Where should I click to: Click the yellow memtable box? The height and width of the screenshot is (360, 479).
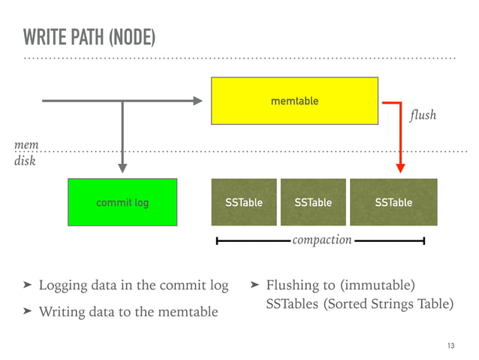point(294,101)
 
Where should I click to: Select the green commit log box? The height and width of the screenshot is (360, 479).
point(122,202)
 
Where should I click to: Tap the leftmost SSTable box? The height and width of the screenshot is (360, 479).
point(244,202)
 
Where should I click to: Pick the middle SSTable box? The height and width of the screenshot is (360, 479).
point(313,202)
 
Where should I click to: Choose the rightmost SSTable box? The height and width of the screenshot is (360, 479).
point(393,202)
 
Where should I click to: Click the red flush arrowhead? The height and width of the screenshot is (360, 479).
point(401,167)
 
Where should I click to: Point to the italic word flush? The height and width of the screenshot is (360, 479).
point(423,116)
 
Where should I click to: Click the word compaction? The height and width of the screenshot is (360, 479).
point(321,240)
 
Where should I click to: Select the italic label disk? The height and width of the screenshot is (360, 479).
point(26,159)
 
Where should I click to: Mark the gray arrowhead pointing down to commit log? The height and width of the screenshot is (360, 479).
point(122,168)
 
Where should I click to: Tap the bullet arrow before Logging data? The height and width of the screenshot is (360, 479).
point(27,286)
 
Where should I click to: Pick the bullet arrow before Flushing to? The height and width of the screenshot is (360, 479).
point(255,286)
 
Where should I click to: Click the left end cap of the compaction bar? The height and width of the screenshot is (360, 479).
point(217,241)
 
